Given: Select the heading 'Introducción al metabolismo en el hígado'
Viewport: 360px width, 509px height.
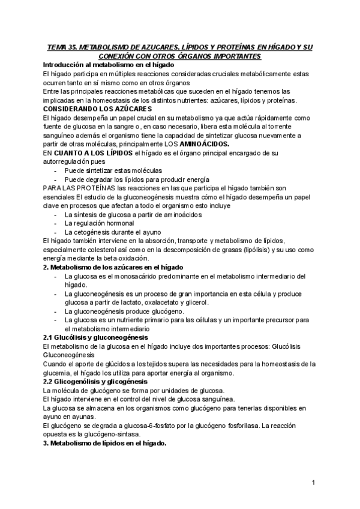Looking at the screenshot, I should pos(109,64).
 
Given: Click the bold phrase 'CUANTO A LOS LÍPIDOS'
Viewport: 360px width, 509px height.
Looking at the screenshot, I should pos(85,154).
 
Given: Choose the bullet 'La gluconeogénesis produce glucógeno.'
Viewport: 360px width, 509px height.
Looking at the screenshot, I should pos(124,312).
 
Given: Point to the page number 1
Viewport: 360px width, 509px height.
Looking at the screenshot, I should pos(314,483).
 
